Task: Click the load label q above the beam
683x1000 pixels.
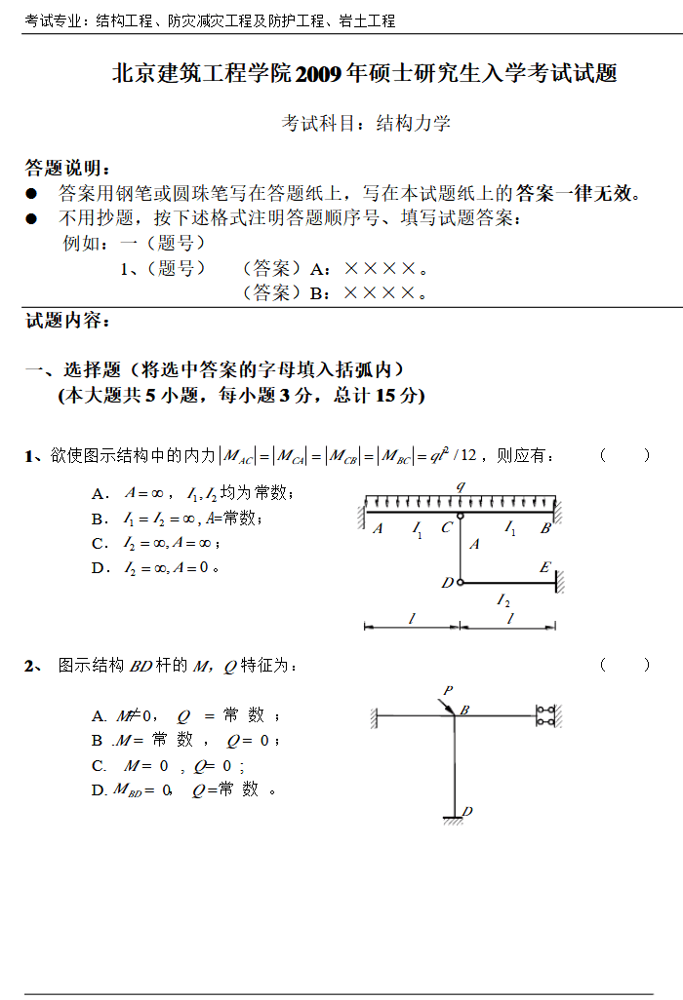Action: pos(460,485)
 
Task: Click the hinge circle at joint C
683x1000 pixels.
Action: pos(461,517)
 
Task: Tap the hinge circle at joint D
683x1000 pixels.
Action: pos(460,583)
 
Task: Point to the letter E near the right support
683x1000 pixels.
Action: pos(544,567)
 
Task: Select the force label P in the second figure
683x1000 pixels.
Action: pos(447,690)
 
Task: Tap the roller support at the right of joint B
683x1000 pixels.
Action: pos(545,716)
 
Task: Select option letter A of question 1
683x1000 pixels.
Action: pos(98,493)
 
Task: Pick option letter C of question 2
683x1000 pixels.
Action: pos(99,766)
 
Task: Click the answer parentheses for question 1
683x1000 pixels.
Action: pos(625,455)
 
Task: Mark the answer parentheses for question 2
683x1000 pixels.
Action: pos(625,665)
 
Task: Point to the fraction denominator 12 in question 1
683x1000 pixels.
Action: pos(467,455)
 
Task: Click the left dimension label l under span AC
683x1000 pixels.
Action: pos(411,619)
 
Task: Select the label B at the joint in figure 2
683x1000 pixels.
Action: pos(465,710)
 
